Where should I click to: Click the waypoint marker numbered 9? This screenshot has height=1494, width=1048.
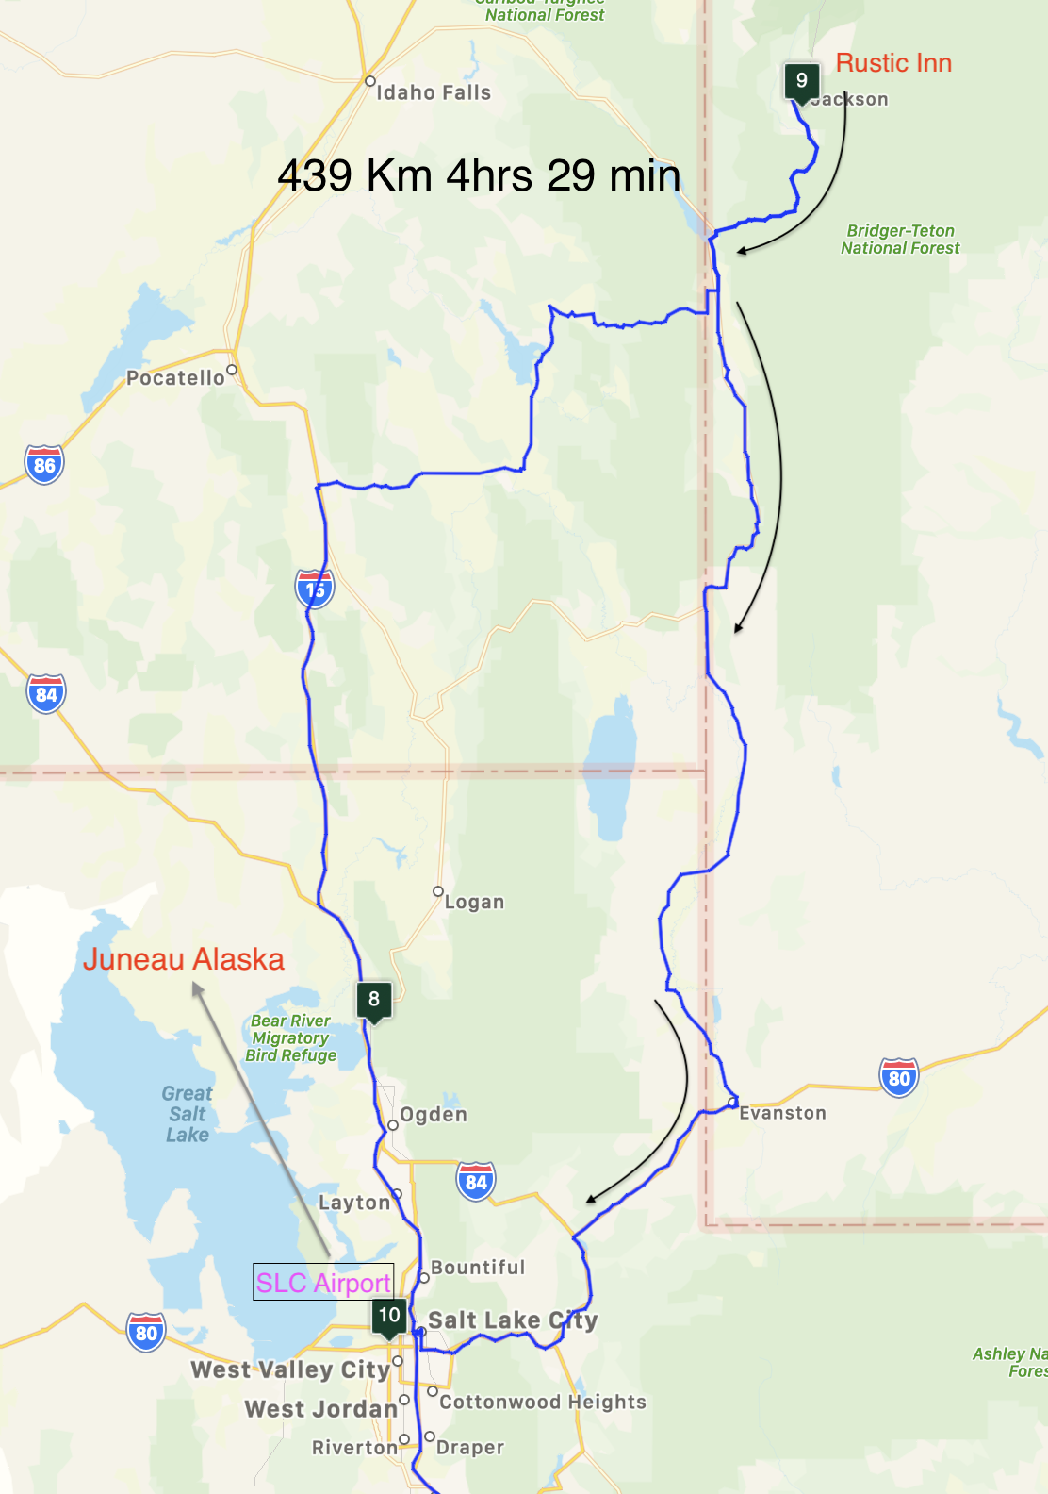[801, 82]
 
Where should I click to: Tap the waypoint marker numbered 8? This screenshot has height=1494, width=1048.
[374, 1000]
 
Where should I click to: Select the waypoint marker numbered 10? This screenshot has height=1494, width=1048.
[389, 1316]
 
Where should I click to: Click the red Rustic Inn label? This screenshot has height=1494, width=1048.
[893, 63]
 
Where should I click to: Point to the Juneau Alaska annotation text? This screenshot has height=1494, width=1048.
[183, 959]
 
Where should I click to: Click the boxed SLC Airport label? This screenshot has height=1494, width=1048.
[323, 1283]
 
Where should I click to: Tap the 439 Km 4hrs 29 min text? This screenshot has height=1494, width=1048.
[479, 175]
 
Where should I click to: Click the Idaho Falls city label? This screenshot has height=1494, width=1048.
[434, 92]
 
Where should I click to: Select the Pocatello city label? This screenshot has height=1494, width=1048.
[176, 378]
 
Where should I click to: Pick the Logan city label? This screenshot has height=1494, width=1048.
[474, 903]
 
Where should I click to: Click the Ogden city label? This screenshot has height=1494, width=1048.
[434, 1115]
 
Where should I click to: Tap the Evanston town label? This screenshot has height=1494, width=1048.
[782, 1113]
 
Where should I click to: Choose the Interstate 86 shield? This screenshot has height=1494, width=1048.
[44, 464]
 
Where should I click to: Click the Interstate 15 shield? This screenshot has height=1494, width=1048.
[315, 589]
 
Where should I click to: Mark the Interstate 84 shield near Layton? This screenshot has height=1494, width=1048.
[476, 1181]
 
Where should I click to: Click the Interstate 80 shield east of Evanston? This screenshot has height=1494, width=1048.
[899, 1077]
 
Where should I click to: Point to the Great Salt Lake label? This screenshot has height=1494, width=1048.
[187, 1114]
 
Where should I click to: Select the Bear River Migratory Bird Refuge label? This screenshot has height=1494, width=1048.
[290, 1037]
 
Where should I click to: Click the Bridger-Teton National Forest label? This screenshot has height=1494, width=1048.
[900, 240]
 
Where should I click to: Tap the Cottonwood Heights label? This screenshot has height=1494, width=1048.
[543, 1403]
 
